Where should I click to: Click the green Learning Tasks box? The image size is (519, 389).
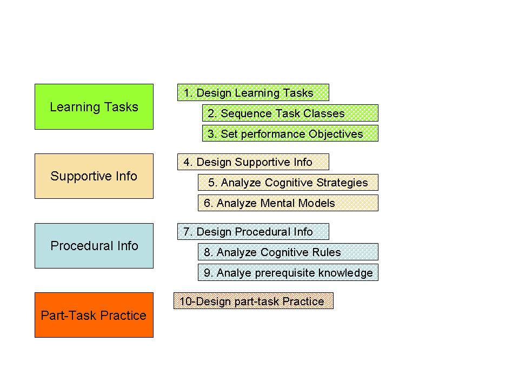tap(94, 106)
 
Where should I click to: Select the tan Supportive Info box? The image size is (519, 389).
tap(94, 176)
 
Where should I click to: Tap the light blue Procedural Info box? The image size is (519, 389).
tap(94, 246)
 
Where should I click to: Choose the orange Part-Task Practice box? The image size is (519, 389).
tap(94, 315)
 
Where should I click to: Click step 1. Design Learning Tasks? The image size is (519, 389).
tap(253, 93)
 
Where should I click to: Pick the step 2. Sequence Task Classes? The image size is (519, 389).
tap(290, 113)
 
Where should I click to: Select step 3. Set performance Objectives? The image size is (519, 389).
tap(290, 133)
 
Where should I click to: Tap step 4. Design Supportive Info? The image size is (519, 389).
tap(253, 162)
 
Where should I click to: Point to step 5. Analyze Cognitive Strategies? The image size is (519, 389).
tap(288, 183)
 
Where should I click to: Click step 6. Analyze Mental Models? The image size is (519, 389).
tap(288, 203)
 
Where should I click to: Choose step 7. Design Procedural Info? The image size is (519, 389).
tap(253, 232)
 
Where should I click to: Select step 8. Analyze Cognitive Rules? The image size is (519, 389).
tap(288, 252)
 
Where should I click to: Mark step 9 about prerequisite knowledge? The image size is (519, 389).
tap(288, 273)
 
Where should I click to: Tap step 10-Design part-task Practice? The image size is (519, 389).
tap(253, 301)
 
